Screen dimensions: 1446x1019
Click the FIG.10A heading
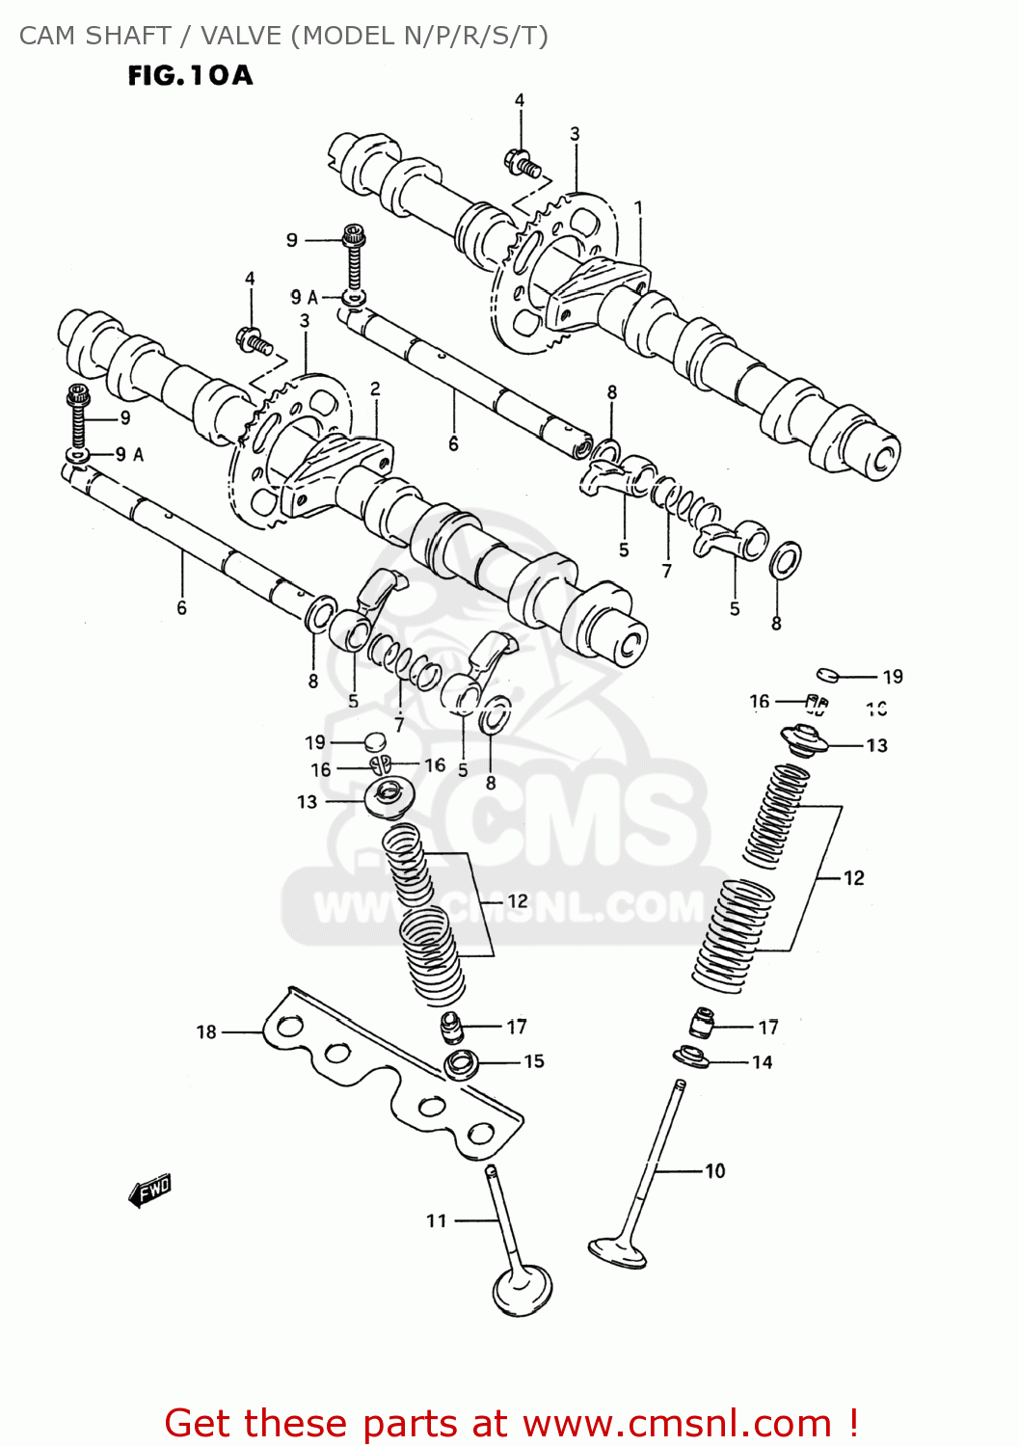point(190,75)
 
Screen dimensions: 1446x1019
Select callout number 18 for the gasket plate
point(206,1032)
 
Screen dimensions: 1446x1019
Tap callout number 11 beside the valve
point(437,1220)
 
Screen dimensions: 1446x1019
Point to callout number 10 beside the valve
point(714,1171)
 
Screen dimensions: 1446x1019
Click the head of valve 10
point(618,1252)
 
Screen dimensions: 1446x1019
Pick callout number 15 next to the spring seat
point(534,1061)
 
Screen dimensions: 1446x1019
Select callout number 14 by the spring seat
point(762,1062)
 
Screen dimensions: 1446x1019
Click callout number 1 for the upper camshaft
point(638,208)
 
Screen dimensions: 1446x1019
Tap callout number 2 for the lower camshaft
point(375,388)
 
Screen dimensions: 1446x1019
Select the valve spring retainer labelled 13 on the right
point(803,740)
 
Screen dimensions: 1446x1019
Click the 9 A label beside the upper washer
point(305,297)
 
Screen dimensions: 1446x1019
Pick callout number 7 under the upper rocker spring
point(666,571)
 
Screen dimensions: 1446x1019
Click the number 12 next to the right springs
point(853,877)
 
